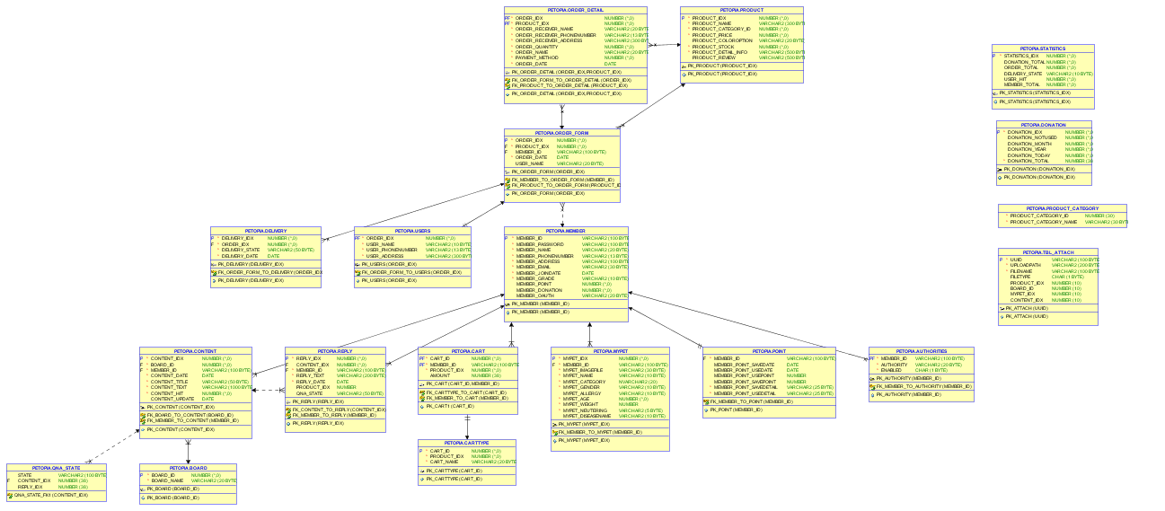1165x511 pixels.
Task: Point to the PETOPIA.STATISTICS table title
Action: click(x=1043, y=48)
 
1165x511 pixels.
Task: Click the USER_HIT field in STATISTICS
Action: click(x=1015, y=79)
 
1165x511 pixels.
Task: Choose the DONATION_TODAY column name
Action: click(x=1028, y=155)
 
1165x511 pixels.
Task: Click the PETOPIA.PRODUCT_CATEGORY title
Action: click(x=1062, y=208)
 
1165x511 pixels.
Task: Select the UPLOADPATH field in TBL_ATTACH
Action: click(x=1026, y=265)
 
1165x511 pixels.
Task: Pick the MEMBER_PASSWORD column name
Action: click(x=540, y=244)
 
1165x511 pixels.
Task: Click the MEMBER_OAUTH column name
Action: click(x=534, y=295)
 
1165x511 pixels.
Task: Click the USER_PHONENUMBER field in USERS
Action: click(x=391, y=250)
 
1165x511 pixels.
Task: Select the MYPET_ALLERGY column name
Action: click(x=582, y=393)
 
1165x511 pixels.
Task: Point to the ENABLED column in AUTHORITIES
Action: click(x=891, y=370)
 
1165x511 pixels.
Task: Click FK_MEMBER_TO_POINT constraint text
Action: click(x=751, y=401)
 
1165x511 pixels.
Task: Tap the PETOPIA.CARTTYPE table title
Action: click(x=467, y=444)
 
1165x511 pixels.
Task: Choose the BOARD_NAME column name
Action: click(x=168, y=480)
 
